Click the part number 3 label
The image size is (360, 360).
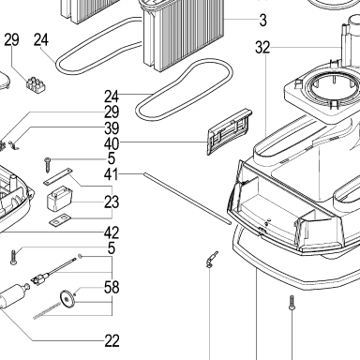(262, 21)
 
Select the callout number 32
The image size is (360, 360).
(262, 48)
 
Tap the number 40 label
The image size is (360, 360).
(112, 143)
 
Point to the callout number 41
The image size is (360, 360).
(112, 174)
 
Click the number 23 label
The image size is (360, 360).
(112, 202)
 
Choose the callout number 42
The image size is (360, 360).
(112, 232)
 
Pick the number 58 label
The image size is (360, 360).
(112, 287)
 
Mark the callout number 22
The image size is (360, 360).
(112, 341)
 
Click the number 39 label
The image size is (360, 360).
(112, 128)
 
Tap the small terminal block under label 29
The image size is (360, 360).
(36, 83)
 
